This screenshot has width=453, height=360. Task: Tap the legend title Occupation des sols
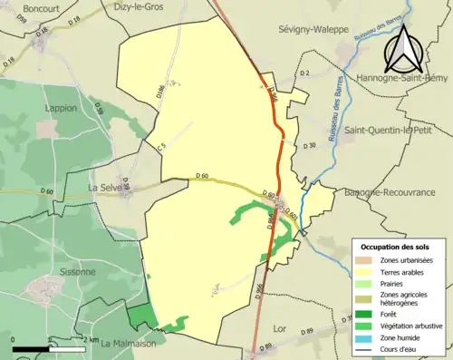(x=397, y=247)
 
